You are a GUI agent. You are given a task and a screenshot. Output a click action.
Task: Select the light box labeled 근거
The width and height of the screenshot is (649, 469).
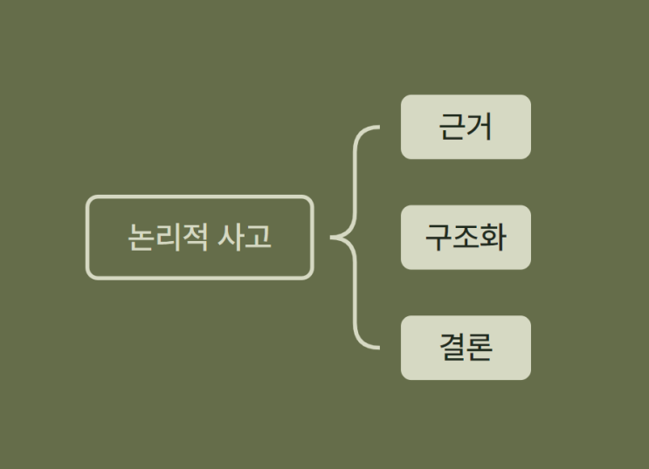[x=466, y=127]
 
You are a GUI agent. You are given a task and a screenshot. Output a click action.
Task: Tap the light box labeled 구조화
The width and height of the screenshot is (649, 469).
[x=466, y=238]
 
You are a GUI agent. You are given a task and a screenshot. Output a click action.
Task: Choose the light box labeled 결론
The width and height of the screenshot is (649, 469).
[x=466, y=348]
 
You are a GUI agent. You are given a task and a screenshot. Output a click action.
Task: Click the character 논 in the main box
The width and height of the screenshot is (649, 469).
[x=142, y=237]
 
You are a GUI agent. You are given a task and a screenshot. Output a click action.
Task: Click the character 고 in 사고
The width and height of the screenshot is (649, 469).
[x=259, y=237]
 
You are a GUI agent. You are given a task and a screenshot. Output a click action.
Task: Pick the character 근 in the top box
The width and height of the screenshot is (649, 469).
[x=452, y=127]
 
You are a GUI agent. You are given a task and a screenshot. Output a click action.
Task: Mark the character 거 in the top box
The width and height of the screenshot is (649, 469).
[x=480, y=127]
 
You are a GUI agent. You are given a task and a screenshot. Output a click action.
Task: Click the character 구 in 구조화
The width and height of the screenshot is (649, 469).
[x=438, y=238]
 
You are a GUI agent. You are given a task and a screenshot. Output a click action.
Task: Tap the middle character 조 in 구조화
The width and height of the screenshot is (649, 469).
[x=466, y=237]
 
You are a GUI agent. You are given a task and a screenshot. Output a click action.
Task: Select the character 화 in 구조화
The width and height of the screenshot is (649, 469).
[x=493, y=238]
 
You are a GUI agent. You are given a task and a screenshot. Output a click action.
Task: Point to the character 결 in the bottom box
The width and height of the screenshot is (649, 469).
[x=452, y=348]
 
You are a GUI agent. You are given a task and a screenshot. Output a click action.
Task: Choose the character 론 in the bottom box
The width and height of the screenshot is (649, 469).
[x=480, y=348]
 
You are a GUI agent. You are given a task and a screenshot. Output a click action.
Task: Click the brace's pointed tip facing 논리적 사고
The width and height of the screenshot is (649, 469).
[x=331, y=238]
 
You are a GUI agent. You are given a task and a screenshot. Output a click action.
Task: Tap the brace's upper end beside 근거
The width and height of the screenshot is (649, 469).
[x=379, y=128]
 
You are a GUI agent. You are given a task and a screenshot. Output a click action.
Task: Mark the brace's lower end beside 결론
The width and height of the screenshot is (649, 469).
[x=379, y=348]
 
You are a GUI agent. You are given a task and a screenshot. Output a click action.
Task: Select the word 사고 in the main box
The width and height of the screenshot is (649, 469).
[x=245, y=237]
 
